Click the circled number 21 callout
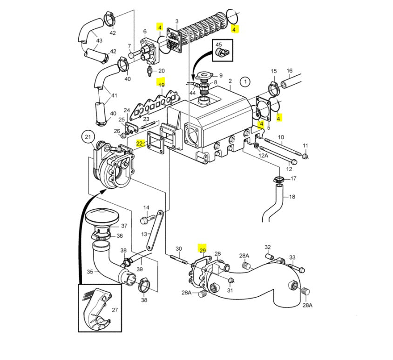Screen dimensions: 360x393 87,137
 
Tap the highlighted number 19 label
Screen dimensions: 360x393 161,85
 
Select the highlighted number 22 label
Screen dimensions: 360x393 139,144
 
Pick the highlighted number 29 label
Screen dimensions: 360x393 202,250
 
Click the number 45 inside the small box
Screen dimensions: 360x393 219,45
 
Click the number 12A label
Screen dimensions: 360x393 264,156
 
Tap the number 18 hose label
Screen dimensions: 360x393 292,197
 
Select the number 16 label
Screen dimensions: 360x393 289,71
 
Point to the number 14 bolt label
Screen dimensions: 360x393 146,207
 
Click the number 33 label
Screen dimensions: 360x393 292,257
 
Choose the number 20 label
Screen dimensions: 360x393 162,71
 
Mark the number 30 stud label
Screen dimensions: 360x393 179,248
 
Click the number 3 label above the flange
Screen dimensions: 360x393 177,21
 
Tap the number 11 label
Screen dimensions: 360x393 305,146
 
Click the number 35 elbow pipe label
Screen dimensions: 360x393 90,273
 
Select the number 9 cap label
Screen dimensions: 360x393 220,75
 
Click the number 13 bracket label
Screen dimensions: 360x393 143,234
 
